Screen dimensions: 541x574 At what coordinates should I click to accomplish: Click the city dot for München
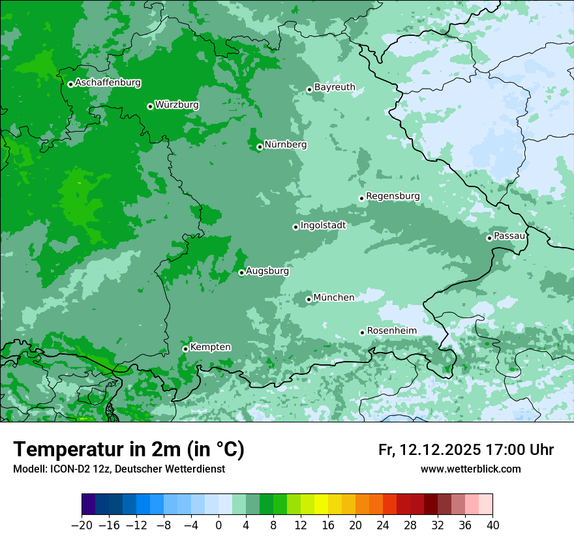[309, 300]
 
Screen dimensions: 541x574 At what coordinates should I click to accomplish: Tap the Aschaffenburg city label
[108, 83]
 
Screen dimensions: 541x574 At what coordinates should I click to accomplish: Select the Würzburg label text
[177, 105]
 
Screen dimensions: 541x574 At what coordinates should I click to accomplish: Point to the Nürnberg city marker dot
[260, 147]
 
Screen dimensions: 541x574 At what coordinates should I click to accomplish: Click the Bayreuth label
[335, 87]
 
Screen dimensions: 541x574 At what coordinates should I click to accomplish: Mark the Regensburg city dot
[361, 198]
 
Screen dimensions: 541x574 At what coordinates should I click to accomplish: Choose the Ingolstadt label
[323, 226]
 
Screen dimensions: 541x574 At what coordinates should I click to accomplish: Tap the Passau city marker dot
[489, 238]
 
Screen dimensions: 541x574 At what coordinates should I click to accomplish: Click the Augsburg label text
[267, 271]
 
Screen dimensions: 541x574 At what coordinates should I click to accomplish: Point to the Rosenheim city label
[391, 331]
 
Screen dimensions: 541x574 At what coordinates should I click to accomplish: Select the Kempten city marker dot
[185, 349]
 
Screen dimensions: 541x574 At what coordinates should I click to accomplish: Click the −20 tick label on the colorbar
[82, 525]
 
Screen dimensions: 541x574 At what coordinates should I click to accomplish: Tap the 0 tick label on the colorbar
[219, 525]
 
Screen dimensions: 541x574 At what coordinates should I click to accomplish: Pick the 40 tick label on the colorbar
[492, 525]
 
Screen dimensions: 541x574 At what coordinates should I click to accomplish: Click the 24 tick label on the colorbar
[383, 525]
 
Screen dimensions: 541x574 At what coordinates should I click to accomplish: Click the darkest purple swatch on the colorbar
[89, 504]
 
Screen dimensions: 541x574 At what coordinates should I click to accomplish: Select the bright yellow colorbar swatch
[321, 504]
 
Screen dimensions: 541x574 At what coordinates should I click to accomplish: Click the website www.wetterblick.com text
[470, 469]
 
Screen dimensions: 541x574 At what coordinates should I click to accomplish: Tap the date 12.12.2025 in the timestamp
[440, 450]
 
